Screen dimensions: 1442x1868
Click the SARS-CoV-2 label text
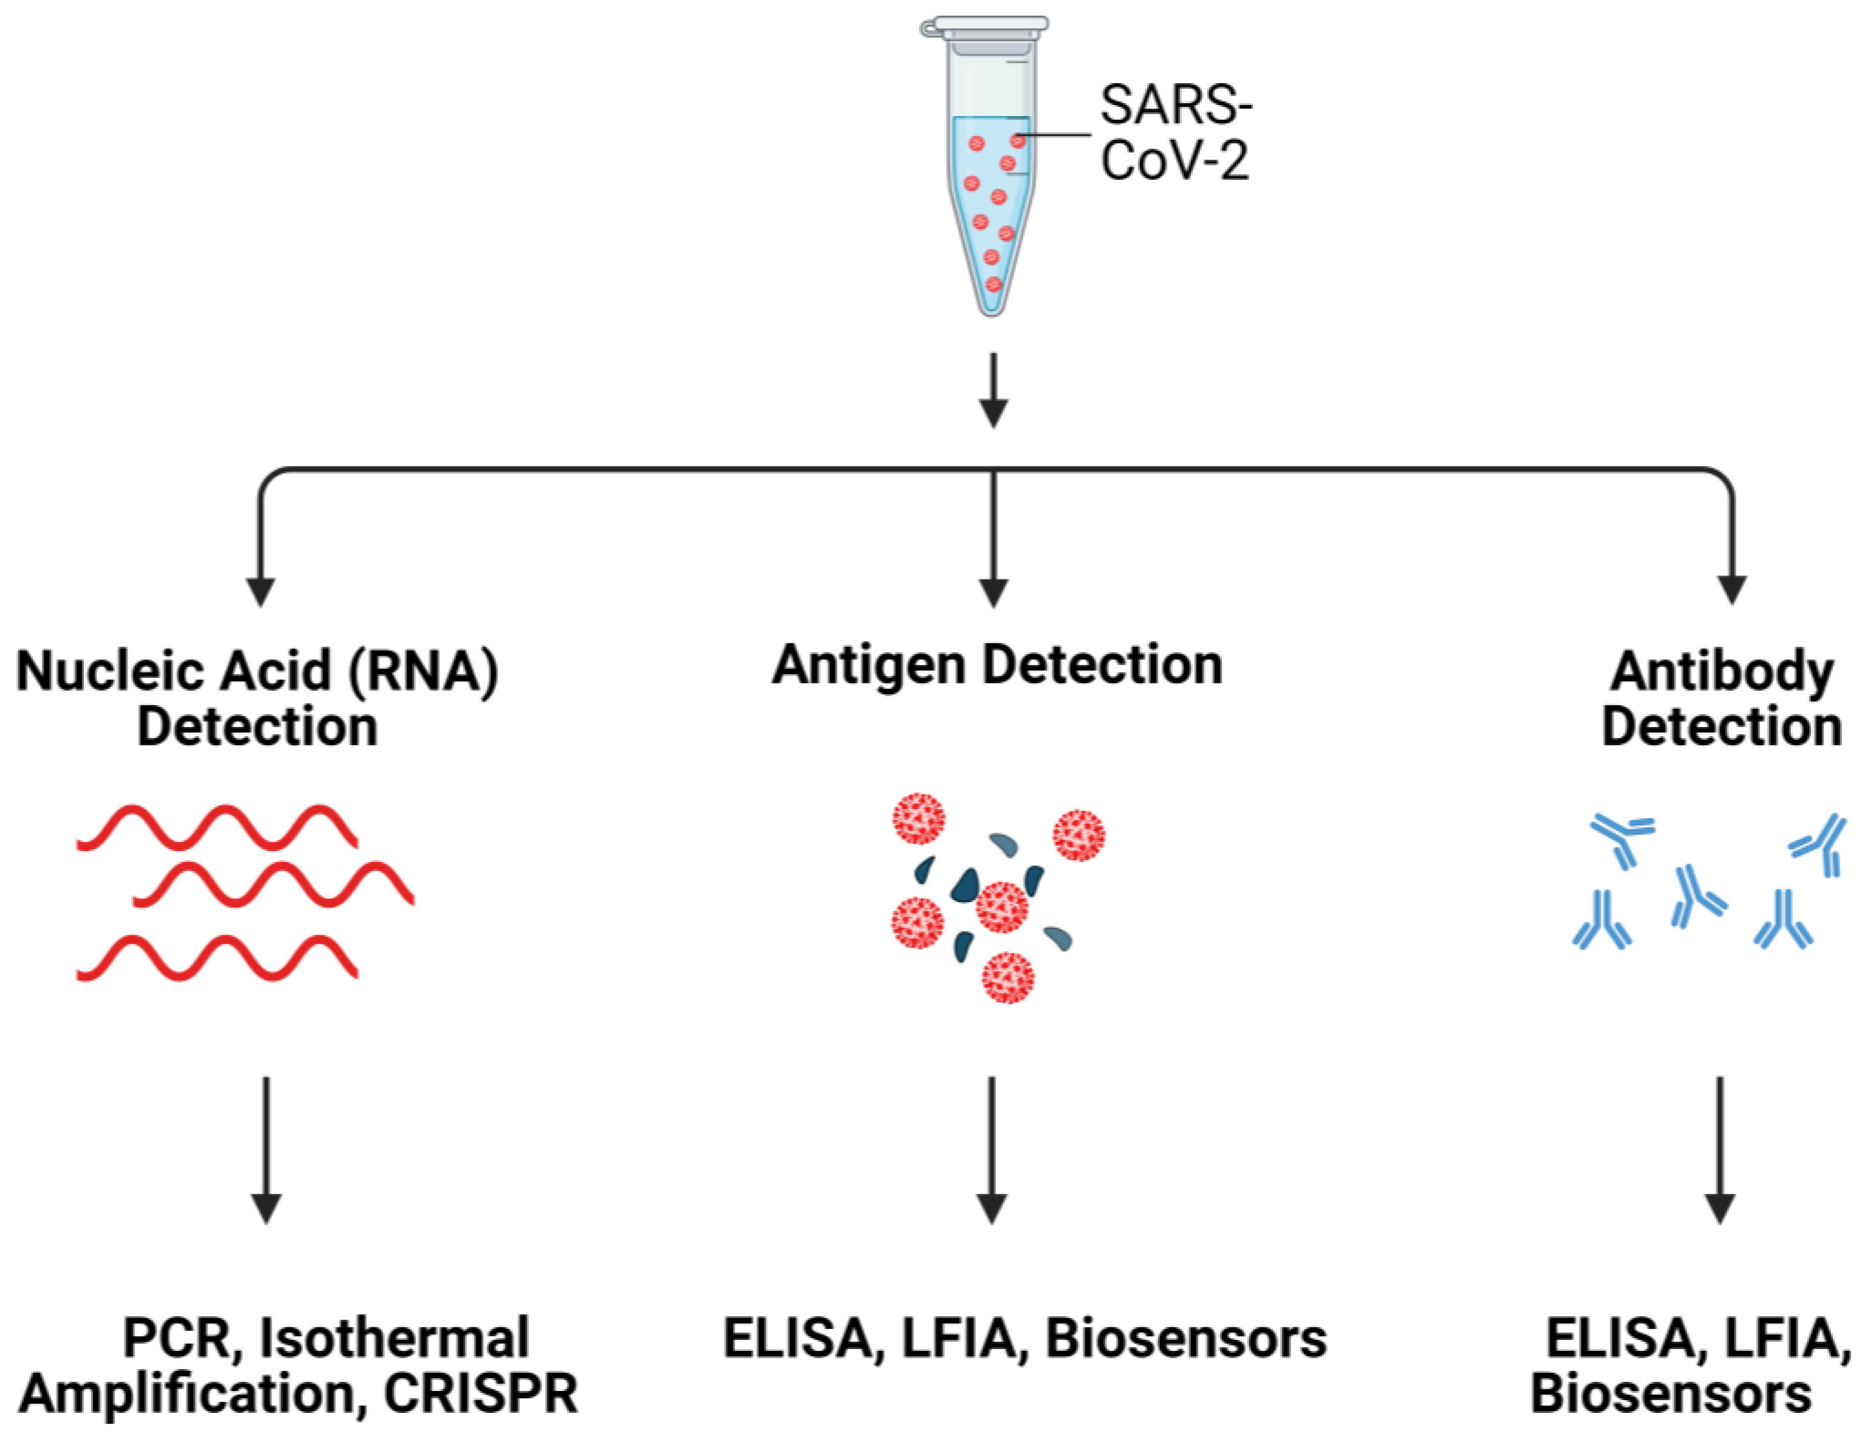coord(1175,132)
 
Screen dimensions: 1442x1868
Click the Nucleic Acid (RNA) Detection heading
coord(257,698)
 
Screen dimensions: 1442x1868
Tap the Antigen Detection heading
coord(997,665)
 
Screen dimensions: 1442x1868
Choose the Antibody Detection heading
coord(1721,698)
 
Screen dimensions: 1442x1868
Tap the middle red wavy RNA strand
coord(274,885)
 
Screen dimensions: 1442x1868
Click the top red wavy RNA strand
coord(218,827)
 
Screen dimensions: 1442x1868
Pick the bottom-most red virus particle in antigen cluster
coord(1009,977)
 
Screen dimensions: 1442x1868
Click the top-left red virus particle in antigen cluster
coord(919,819)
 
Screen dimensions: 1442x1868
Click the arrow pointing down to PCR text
coord(266,1150)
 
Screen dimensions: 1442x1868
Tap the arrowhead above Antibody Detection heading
coord(1732,589)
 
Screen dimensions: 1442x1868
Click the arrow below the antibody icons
coord(1720,1150)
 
